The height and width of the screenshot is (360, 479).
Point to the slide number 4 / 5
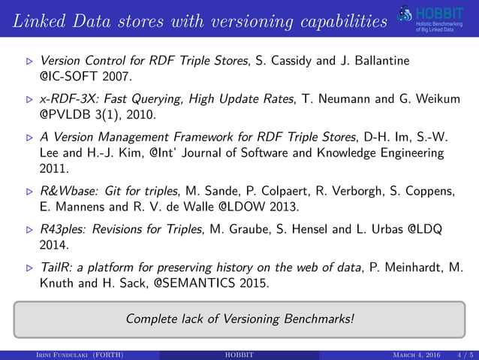click(x=465, y=354)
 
